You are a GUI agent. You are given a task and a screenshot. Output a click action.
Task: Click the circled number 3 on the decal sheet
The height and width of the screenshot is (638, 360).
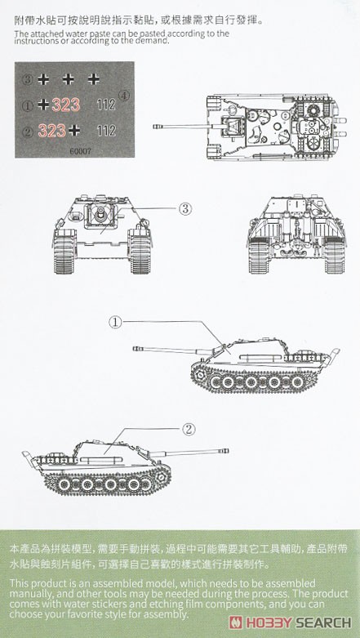28,79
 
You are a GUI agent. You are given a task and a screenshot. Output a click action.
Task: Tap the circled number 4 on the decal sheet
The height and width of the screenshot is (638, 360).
123,96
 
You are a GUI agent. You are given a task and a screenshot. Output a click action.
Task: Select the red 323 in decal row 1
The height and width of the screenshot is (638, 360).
65,105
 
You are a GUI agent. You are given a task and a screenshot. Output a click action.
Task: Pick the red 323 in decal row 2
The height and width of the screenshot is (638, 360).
51,131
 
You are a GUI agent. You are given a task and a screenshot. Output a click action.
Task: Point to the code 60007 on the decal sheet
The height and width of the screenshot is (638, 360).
80,150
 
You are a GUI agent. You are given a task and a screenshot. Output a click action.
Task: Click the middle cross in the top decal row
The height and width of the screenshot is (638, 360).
69,79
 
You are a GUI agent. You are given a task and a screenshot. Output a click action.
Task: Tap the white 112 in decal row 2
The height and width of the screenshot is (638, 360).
106,131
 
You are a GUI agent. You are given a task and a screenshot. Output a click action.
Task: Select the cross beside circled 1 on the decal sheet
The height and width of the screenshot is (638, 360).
43,105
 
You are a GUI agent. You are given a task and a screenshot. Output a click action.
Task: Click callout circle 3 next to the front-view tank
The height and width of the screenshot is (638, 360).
184,209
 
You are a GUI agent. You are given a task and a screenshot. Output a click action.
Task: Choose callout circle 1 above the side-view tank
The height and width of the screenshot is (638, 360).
115,322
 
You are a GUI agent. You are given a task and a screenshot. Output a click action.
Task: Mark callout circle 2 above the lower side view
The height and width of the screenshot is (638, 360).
189,429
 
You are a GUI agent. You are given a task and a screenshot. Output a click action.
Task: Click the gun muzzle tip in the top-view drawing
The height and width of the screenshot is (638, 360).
155,127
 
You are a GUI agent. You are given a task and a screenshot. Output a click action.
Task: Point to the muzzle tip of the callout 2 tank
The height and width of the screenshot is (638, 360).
227,451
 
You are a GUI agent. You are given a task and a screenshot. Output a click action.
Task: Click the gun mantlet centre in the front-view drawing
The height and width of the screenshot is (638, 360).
100,212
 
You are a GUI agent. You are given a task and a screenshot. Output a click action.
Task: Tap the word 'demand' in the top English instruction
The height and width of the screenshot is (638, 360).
153,41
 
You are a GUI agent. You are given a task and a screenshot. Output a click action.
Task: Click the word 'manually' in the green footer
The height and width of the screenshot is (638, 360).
24,594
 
